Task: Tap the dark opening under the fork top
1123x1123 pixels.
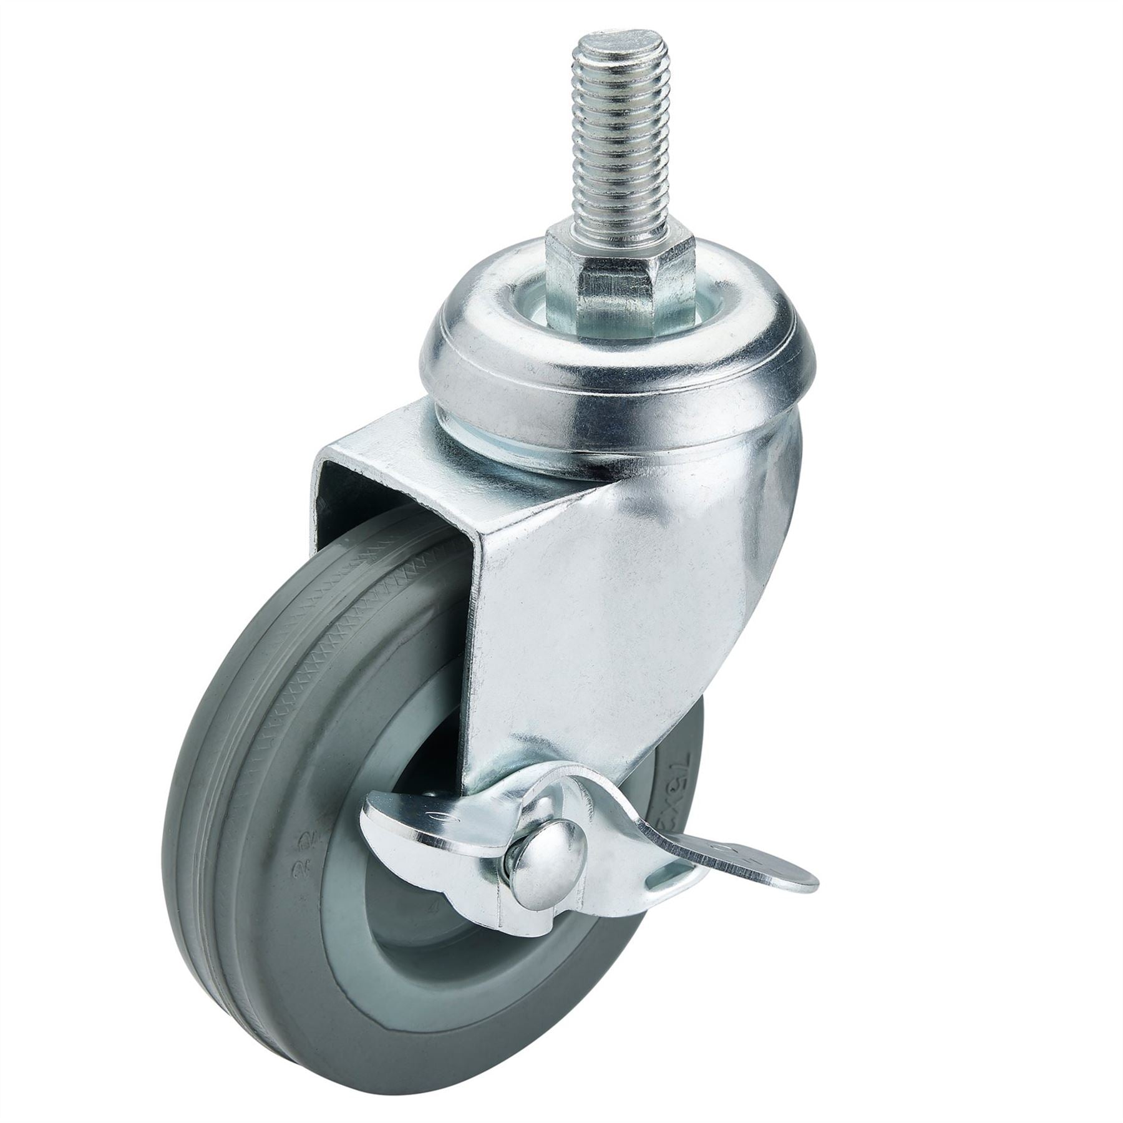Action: click(x=349, y=493)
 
